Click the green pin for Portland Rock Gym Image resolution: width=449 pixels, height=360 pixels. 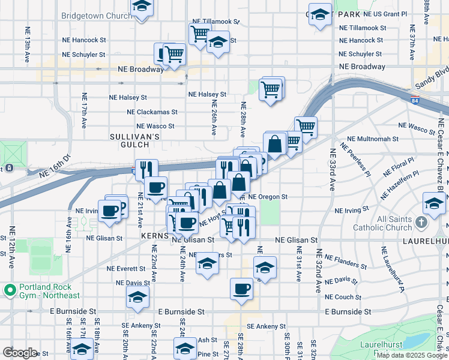coord(10,290)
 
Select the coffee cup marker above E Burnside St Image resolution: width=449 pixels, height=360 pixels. coord(241,289)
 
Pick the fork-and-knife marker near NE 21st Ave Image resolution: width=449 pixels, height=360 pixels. coord(146,170)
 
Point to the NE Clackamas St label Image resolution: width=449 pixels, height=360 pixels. coord(152,112)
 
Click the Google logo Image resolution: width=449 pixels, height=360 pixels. coord(20,352)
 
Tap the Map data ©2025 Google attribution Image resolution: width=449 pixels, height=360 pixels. coord(412,356)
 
